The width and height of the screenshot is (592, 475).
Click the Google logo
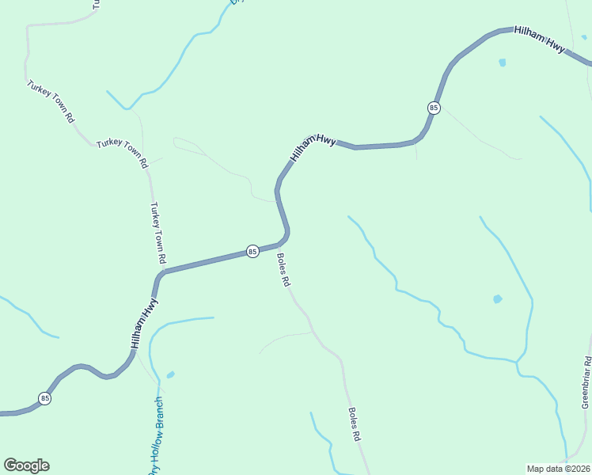click(27, 465)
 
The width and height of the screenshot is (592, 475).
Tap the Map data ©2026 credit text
click(557, 468)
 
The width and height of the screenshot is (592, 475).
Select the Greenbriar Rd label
click(586, 382)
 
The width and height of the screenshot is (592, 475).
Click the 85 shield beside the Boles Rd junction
click(252, 251)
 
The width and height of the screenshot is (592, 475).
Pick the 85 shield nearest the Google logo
click(45, 398)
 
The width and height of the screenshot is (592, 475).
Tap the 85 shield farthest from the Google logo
click(433, 107)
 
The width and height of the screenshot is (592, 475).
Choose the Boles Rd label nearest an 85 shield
click(284, 269)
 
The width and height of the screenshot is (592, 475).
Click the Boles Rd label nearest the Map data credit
click(355, 424)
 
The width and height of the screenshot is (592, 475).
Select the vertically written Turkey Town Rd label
click(158, 233)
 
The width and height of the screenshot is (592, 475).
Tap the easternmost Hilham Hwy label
click(540, 40)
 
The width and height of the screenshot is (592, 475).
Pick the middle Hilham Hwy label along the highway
click(313, 146)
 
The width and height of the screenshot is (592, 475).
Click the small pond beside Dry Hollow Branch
click(171, 374)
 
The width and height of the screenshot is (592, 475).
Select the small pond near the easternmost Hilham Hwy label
click(502, 62)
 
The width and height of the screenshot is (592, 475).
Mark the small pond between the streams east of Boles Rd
click(497, 298)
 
